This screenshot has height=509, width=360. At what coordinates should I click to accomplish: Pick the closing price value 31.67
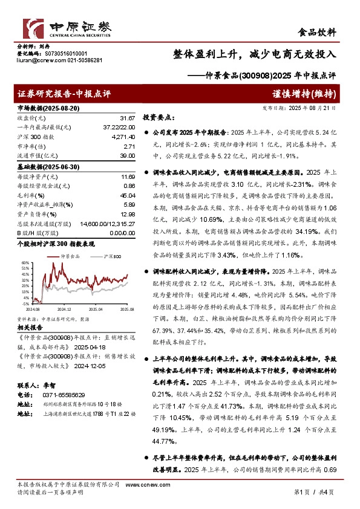tap(127, 118)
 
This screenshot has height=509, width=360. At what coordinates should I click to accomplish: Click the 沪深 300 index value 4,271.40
tap(123, 138)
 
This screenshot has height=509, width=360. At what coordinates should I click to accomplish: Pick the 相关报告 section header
tap(29, 326)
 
